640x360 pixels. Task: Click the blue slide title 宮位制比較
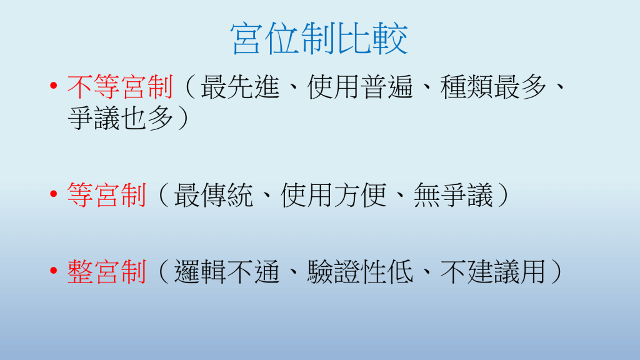tap(319, 39)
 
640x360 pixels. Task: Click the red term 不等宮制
tap(121, 87)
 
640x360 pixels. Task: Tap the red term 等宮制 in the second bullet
tap(107, 195)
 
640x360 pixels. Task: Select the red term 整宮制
tap(107, 272)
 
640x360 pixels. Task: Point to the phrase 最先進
tap(240, 87)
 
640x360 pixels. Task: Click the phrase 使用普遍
tap(360, 87)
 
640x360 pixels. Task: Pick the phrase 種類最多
tap(494, 87)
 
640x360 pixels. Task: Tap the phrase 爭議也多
tap(121, 119)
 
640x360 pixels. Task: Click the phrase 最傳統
tap(214, 195)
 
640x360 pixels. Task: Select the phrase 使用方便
tap(334, 195)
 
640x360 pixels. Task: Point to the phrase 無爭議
tap(454, 195)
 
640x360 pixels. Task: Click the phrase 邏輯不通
tap(227, 272)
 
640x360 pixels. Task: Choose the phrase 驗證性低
tap(360, 272)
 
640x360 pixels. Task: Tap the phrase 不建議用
tap(494, 272)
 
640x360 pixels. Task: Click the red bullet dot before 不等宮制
tap(54, 85)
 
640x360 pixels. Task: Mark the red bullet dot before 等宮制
tap(54, 194)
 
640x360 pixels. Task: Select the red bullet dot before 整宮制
tap(54, 270)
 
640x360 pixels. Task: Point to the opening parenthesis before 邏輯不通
tap(163, 272)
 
